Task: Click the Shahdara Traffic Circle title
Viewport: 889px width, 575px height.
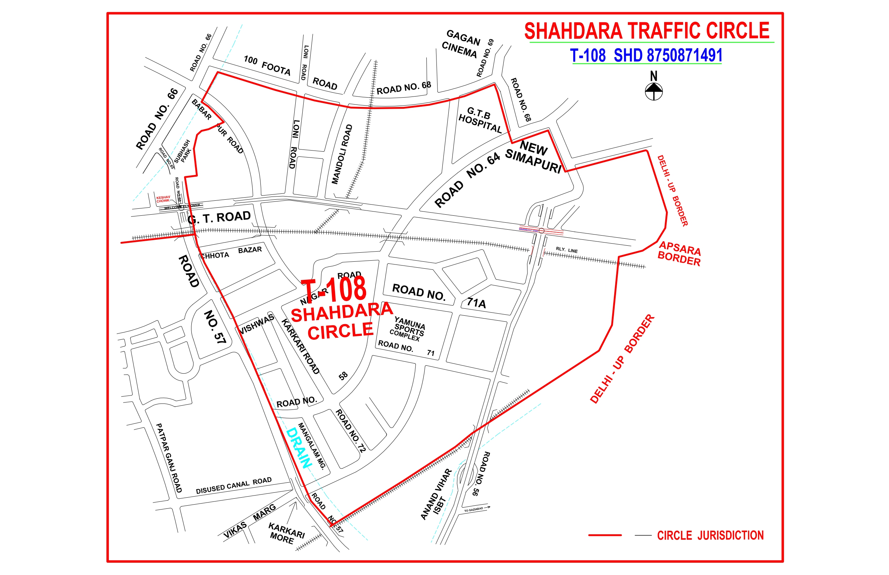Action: pos(647,31)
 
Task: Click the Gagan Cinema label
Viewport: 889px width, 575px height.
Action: pos(462,44)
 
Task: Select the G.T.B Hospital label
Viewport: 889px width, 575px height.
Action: pos(480,120)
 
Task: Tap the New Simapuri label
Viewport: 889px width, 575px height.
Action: pos(534,156)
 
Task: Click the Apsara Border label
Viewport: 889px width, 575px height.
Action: pos(679,253)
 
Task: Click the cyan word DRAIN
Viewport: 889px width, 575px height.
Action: pos(298,448)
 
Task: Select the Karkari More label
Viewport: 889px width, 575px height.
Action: pos(286,533)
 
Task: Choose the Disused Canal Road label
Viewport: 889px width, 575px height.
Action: pos(234,485)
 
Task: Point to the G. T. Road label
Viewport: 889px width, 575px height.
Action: pos(219,217)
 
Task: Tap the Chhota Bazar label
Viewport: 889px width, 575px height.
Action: pos(231,253)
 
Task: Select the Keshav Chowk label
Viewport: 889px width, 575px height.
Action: pos(163,199)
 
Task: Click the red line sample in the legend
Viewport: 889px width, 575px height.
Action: pos(605,535)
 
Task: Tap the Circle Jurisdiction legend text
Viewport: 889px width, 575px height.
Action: pos(710,535)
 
